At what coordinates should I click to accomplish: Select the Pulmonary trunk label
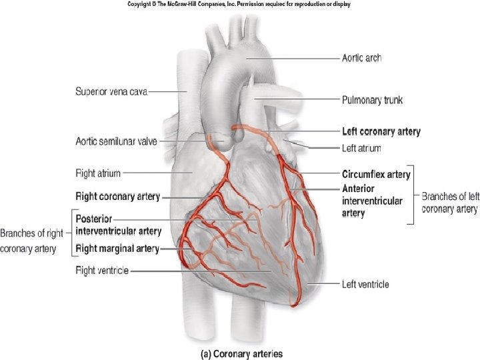tap(372, 100)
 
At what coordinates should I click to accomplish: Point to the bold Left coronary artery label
tap(381, 131)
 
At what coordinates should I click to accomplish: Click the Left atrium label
tap(367, 147)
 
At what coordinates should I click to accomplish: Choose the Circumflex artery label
tap(376, 175)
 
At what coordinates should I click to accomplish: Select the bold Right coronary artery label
tap(118, 197)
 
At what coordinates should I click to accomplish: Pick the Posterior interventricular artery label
tap(118, 225)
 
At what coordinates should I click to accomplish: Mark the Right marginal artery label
tap(117, 249)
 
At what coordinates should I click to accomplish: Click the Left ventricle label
tap(365, 285)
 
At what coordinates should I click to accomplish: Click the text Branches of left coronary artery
tap(449, 203)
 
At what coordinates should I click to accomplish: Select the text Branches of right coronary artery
tap(33, 241)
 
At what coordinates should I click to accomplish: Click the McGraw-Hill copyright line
tap(239, 4)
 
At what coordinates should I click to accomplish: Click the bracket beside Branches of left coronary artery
tap(414, 195)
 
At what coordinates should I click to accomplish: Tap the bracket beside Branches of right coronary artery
tap(71, 233)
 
